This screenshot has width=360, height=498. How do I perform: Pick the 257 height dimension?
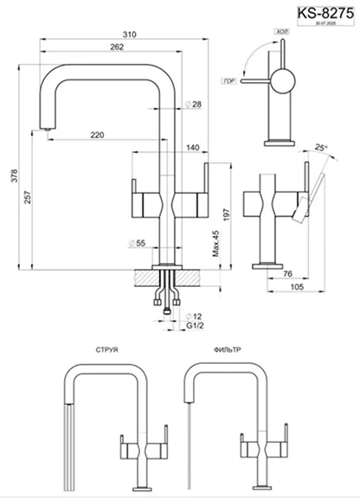[29, 197]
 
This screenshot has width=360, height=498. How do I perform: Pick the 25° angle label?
[323, 148]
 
